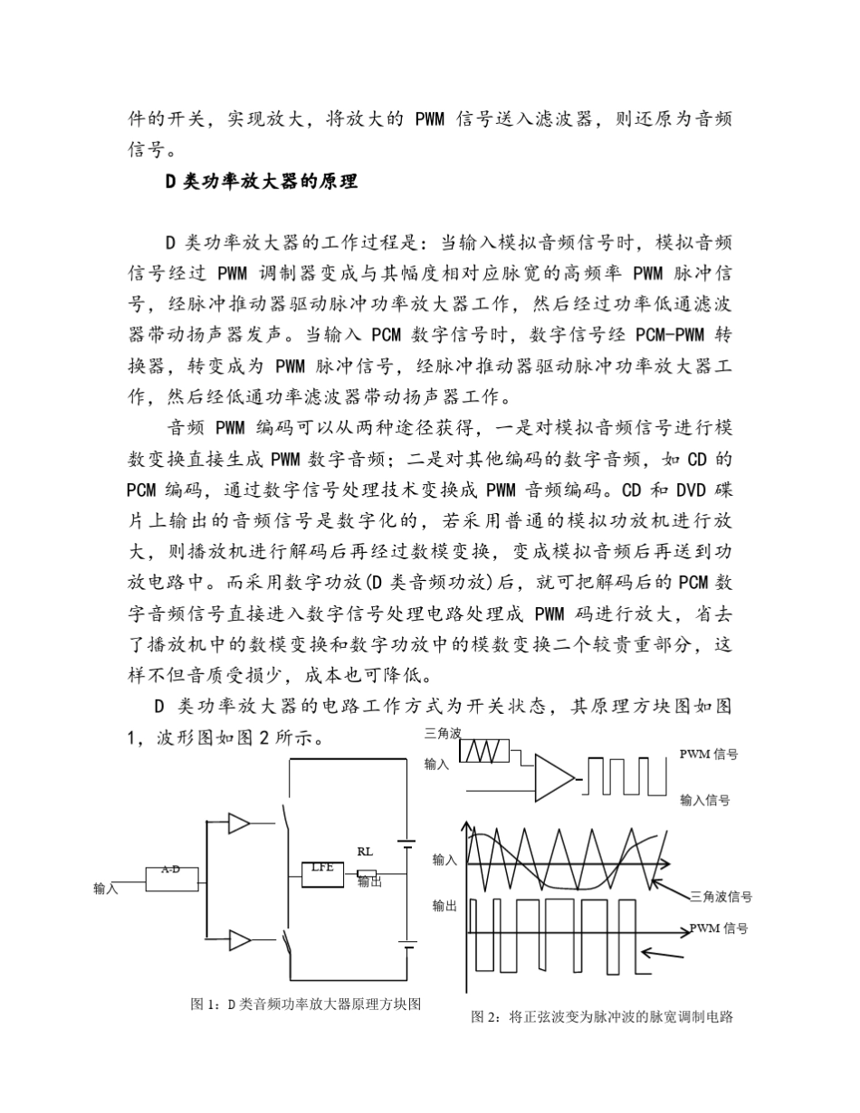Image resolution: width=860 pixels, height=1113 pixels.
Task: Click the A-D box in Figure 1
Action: coord(172,877)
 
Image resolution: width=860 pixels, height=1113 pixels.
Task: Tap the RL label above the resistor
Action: coord(364,851)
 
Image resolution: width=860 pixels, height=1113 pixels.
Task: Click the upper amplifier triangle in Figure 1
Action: coord(239,823)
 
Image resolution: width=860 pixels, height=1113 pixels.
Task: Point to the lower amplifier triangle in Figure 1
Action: coord(239,940)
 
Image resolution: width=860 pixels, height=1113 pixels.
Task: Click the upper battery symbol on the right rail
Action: coord(408,842)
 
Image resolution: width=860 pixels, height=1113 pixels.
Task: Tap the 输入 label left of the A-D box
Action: coord(106,889)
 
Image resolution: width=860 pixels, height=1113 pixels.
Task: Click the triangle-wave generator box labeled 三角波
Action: coord(484,751)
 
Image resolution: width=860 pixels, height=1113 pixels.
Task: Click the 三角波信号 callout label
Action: coord(721,897)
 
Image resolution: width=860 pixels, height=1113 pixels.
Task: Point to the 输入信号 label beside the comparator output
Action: coord(705,800)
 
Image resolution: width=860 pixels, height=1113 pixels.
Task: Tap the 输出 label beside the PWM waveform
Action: coord(444,906)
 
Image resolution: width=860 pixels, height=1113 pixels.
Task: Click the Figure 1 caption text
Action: coord(306,1004)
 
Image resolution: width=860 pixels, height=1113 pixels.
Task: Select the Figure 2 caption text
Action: coord(601,1016)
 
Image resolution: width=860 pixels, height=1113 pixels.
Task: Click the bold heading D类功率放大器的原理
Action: coord(262,181)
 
